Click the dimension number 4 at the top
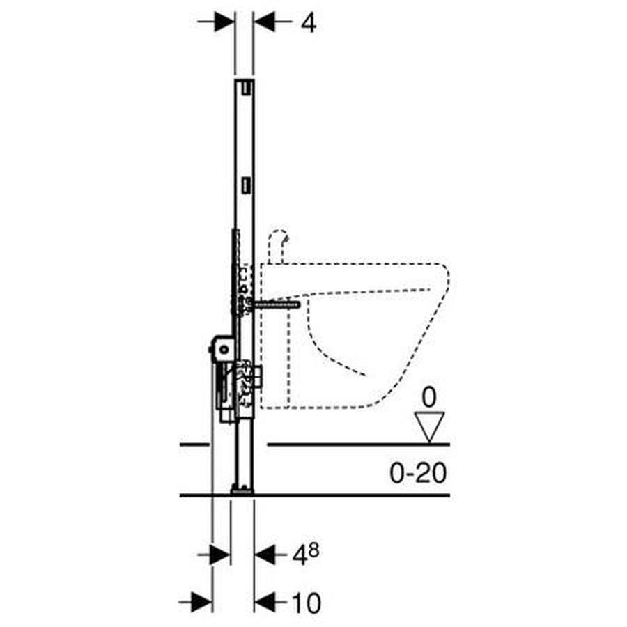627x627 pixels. (309, 23)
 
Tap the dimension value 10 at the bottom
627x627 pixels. (307, 603)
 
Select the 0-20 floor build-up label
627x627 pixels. (418, 473)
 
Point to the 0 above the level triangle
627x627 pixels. (429, 398)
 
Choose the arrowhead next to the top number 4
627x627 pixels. (264, 22)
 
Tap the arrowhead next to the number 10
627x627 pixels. (265, 602)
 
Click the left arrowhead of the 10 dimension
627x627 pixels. (202, 602)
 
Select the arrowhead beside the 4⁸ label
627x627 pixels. (265, 555)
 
